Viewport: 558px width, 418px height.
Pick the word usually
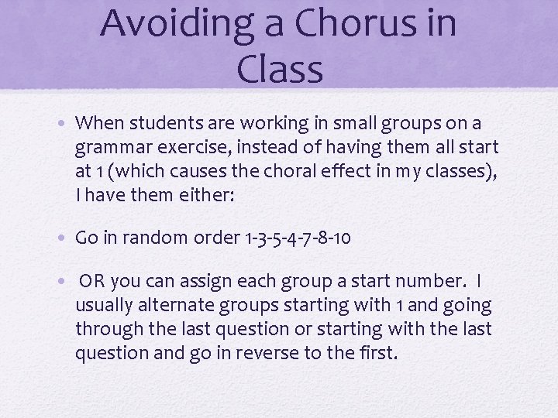(104, 306)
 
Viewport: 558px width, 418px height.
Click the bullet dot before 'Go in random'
(67, 238)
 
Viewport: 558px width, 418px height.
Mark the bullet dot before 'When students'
(67, 122)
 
